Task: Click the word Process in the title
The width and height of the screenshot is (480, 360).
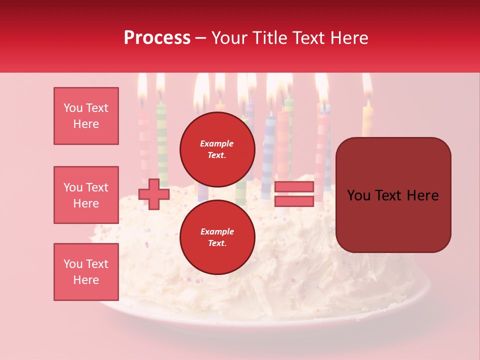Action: (157, 38)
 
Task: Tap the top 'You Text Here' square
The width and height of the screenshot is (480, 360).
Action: (86, 116)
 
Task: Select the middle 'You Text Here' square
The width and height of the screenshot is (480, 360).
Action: (86, 195)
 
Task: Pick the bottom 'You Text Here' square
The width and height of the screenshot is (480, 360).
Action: (86, 272)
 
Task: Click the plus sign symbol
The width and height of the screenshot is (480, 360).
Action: (154, 194)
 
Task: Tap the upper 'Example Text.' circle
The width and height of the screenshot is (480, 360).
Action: (217, 149)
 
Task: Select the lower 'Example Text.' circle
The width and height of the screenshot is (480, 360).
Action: (217, 237)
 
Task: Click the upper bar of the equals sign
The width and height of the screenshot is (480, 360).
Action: (294, 187)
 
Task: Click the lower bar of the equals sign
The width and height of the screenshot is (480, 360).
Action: (294, 201)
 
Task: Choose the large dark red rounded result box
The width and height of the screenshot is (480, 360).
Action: (393, 195)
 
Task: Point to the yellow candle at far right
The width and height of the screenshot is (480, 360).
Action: (367, 120)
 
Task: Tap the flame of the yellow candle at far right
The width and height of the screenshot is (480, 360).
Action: (367, 85)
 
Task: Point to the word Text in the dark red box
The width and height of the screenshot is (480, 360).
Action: (393, 195)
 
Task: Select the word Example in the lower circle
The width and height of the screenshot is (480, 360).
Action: (217, 231)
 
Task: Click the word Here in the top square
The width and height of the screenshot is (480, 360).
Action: (86, 124)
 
